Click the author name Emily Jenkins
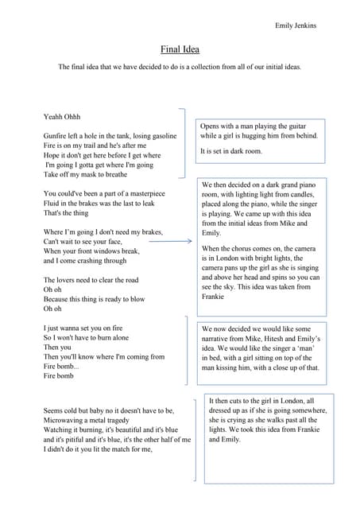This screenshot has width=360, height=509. pyautogui.click(x=296, y=25)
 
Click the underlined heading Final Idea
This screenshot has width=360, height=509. pyautogui.click(x=180, y=49)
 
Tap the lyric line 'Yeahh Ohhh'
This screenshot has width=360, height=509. pyautogui.click(x=62, y=117)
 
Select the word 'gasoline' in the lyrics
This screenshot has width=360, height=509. pyautogui.click(x=160, y=136)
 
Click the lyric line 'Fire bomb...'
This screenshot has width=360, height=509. pyautogui.click(x=62, y=366)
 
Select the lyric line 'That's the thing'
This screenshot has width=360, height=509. pyautogui.click(x=67, y=212)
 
